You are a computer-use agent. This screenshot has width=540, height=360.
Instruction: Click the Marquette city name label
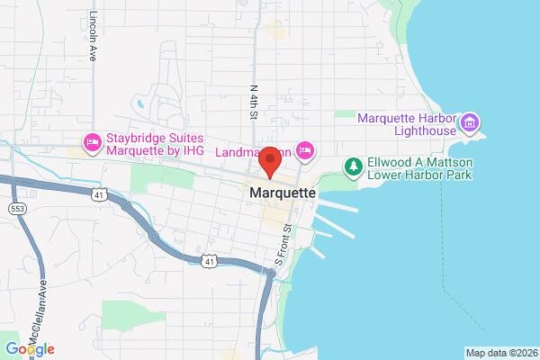[283, 193]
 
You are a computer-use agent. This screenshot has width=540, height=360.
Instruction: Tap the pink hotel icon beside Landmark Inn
[305, 149]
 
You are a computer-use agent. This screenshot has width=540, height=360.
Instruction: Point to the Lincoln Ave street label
[94, 35]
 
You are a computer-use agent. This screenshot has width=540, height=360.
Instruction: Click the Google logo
[30, 349]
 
